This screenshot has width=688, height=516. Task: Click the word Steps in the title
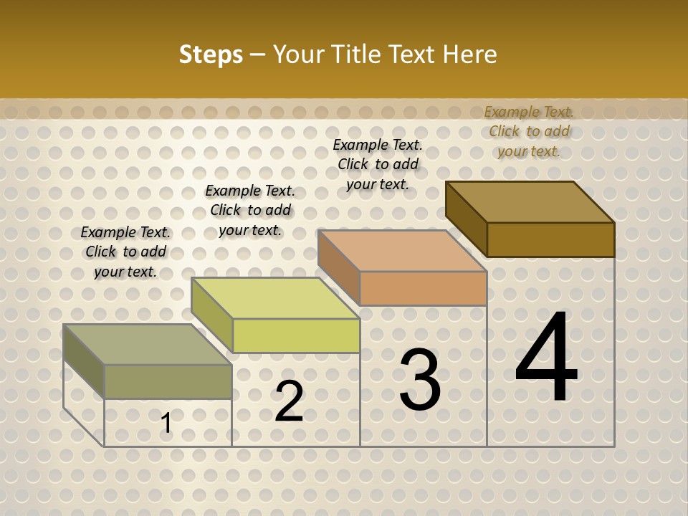click(x=211, y=54)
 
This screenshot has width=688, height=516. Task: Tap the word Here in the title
click(x=469, y=54)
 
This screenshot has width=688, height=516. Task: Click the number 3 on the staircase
click(x=420, y=380)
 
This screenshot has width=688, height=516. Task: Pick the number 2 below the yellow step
click(x=289, y=401)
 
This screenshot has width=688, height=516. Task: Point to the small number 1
click(x=166, y=424)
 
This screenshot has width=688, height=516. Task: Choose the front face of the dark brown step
click(x=550, y=239)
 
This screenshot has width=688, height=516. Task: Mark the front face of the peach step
click(x=423, y=288)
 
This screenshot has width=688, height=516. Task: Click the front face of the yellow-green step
click(x=296, y=335)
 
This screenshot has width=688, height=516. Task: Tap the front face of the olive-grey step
click(x=168, y=381)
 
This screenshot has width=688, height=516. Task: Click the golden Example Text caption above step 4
click(x=529, y=131)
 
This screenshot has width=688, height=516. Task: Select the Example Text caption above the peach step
click(x=378, y=164)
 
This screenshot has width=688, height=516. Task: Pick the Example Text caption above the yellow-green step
click(x=250, y=210)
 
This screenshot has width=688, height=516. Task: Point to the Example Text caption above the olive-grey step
click(x=125, y=252)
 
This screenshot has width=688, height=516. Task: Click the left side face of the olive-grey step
click(x=84, y=361)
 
